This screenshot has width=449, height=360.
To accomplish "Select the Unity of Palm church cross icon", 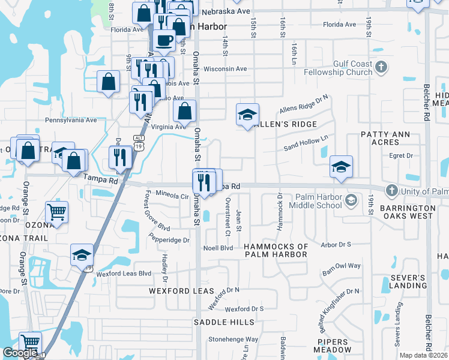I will pyautogui.click(x=391, y=191).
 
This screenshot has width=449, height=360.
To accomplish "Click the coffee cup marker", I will pyautogui.click(x=164, y=41).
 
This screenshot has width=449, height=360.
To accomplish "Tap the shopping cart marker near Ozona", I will pyautogui.click(x=56, y=211).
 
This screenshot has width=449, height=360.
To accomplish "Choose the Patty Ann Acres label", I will pyautogui.click(x=379, y=138).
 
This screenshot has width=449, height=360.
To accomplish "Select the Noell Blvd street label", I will pyautogui.click(x=218, y=248).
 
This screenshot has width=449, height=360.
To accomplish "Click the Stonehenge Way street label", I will pyautogui.click(x=234, y=339).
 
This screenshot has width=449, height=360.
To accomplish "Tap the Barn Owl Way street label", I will pyautogui.click(x=341, y=266).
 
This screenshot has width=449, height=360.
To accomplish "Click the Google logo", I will pyautogui.click(x=20, y=353).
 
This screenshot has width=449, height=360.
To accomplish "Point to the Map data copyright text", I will pyautogui.click(x=424, y=355).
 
